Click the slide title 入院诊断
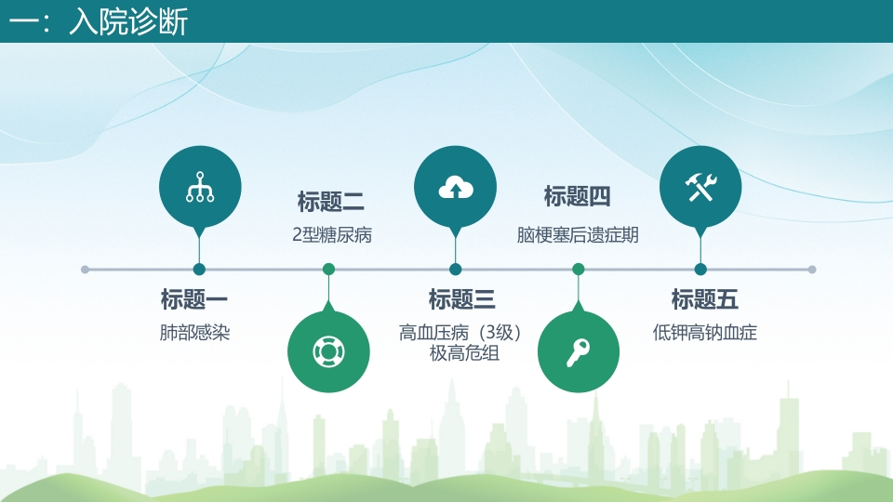[x=128, y=21]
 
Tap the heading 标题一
[x=194, y=299]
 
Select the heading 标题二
[x=330, y=202]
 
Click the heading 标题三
[x=462, y=299]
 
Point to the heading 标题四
[x=577, y=196]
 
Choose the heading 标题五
[x=704, y=299]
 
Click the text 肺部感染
[x=194, y=333]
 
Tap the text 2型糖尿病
[x=332, y=234]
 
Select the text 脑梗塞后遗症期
[x=578, y=234]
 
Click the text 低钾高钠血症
[x=704, y=333]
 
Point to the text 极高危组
[x=464, y=353]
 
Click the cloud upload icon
[x=456, y=188]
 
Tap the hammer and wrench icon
[x=700, y=187]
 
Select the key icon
[x=578, y=352]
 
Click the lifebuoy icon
[x=328, y=351]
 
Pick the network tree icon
[x=200, y=187]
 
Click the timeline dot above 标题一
[x=199, y=270]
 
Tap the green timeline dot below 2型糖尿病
[x=328, y=270]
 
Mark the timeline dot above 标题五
[x=700, y=270]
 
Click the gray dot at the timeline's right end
[x=812, y=270]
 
